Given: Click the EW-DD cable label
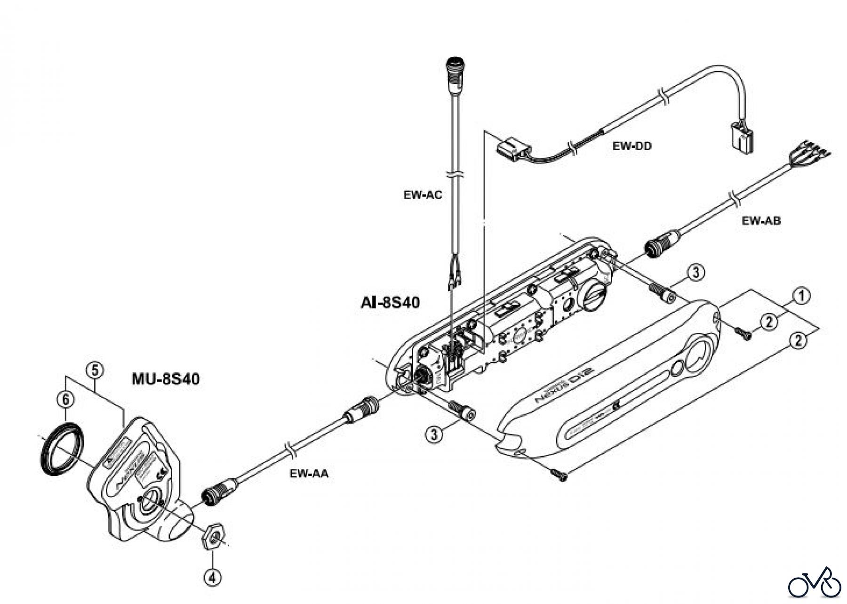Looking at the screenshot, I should click(631, 146).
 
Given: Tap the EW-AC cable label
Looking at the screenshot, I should click(423, 195).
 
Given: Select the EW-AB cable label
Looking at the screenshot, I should click(761, 220).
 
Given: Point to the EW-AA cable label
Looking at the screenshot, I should click(309, 474).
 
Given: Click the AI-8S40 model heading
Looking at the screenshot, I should click(387, 302).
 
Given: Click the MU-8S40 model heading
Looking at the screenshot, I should click(165, 379).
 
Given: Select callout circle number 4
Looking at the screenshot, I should click(212, 577).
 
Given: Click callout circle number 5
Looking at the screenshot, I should click(94, 370).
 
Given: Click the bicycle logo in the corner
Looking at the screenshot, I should click(814, 584).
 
